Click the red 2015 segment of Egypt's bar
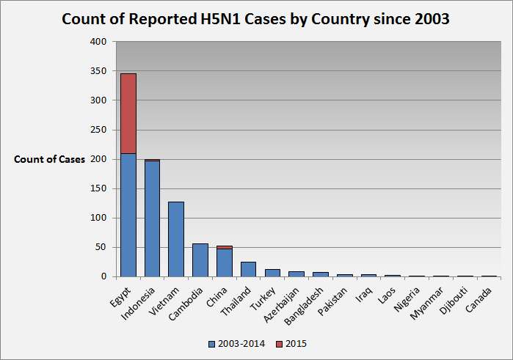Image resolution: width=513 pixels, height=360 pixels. point(128,114)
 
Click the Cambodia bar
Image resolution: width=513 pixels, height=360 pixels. point(200,260)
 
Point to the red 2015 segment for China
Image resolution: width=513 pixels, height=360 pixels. point(224,247)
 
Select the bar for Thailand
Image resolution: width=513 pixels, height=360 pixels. point(248,269)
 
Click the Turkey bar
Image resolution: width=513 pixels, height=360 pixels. point(272,273)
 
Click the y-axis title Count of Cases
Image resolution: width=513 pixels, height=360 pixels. point(49,159)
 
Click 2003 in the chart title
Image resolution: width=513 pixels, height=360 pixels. point(429,19)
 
